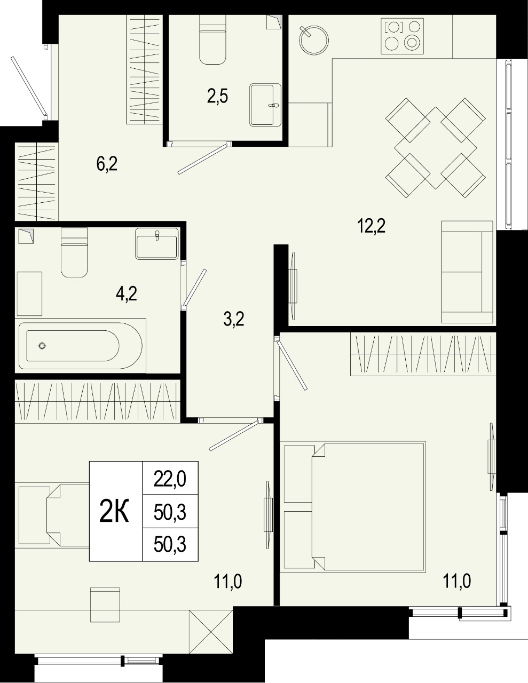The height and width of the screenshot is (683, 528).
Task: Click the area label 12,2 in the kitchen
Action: coord(371,226)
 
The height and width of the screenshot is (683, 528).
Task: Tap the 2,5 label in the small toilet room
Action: coord(217,96)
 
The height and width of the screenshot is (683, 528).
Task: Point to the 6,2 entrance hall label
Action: coord(107,164)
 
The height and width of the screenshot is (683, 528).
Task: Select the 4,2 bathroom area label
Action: coord(127,294)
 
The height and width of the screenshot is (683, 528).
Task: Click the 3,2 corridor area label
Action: coord(234,319)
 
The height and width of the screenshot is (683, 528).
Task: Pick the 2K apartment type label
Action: coord(114,511)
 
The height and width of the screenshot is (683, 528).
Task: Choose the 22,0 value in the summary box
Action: coord(170,480)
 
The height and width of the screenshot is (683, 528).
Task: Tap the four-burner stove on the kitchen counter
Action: coord(402,36)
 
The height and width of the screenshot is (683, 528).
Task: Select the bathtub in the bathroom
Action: coord(81,345)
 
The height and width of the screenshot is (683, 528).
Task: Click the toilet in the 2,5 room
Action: coord(213,39)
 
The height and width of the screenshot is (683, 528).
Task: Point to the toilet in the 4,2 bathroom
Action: coord(74,252)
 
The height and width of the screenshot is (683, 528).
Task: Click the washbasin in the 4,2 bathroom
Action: coord(157,244)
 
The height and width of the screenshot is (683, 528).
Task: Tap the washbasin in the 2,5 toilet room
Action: coord(265,105)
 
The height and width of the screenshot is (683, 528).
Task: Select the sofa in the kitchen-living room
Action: coord(467,272)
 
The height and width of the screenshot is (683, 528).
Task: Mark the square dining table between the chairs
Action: coord(436,148)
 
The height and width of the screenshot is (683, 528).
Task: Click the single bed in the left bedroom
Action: coord(54,515)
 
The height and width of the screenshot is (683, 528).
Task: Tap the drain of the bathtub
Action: coord(42,346)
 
